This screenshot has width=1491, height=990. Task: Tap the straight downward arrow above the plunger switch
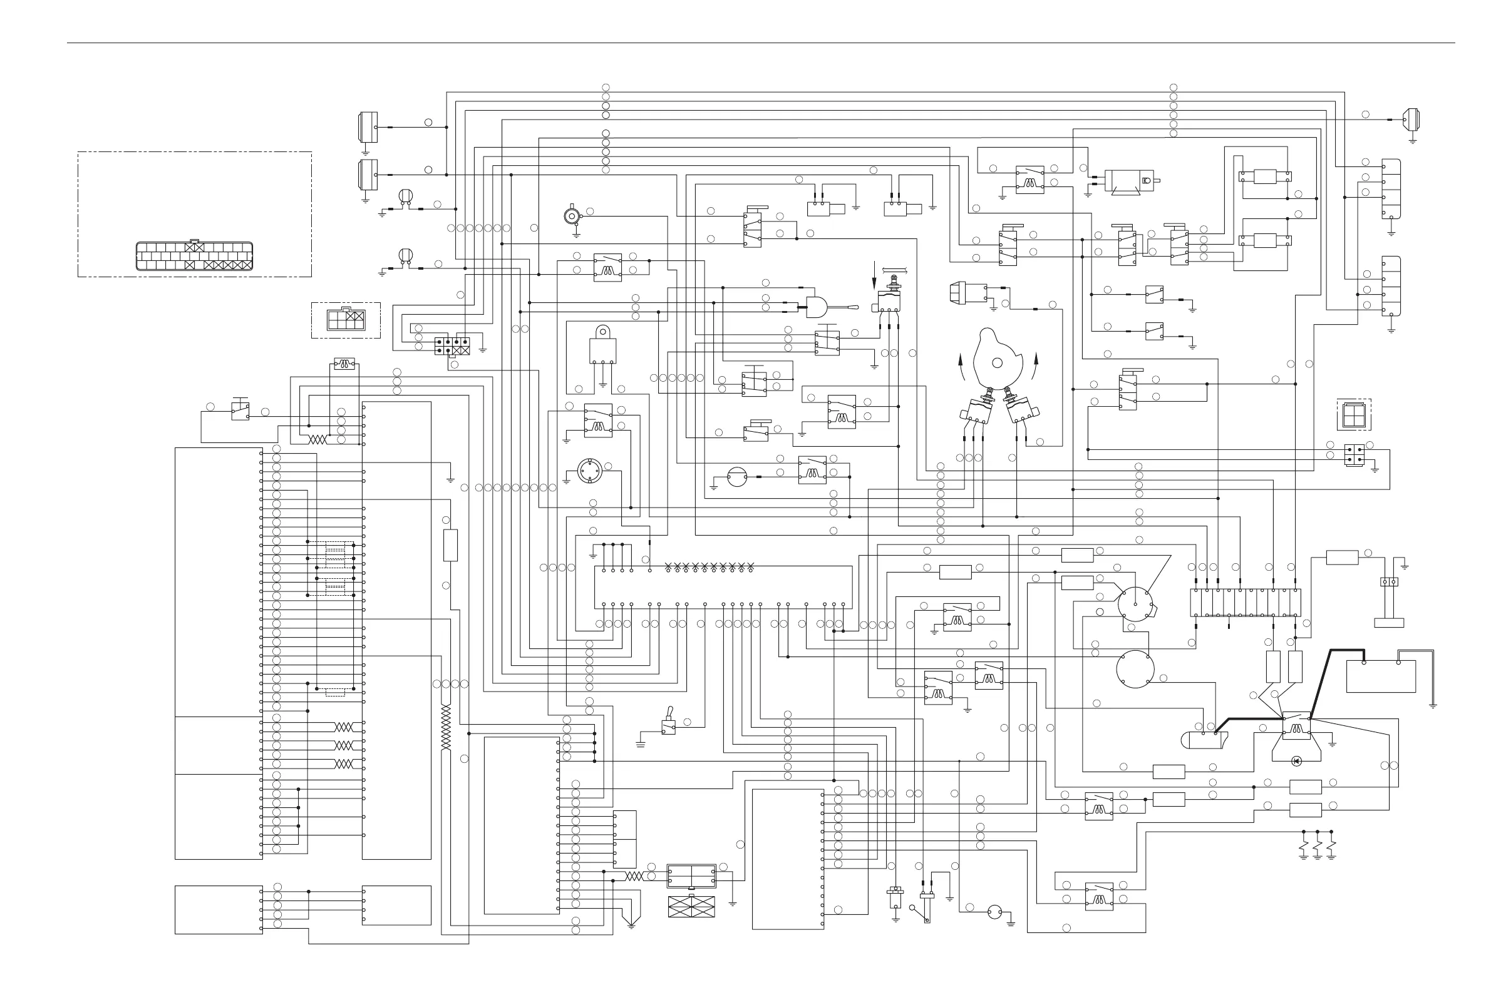click(x=875, y=273)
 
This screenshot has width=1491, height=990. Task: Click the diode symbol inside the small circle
click(x=1296, y=761)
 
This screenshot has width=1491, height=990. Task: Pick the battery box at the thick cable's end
click(x=1381, y=676)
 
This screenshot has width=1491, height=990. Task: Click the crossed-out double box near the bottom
click(x=691, y=907)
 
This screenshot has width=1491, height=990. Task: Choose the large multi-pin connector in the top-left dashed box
click(x=194, y=256)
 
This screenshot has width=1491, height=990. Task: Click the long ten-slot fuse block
click(x=1245, y=603)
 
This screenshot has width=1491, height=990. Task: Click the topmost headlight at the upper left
click(x=368, y=127)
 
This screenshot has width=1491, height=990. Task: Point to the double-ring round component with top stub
click(x=573, y=217)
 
